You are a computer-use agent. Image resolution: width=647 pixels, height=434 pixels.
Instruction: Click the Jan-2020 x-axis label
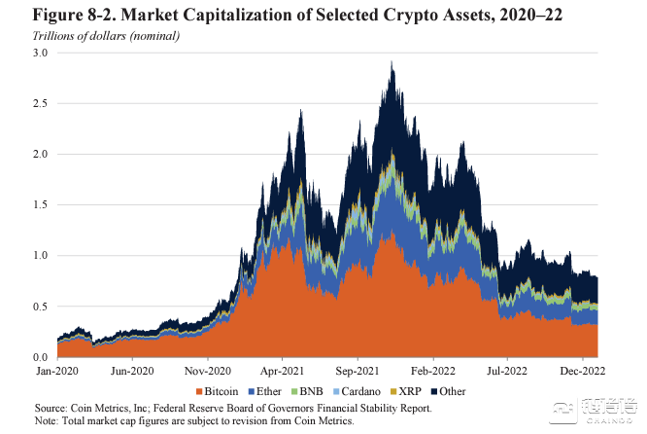click(x=58, y=370)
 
